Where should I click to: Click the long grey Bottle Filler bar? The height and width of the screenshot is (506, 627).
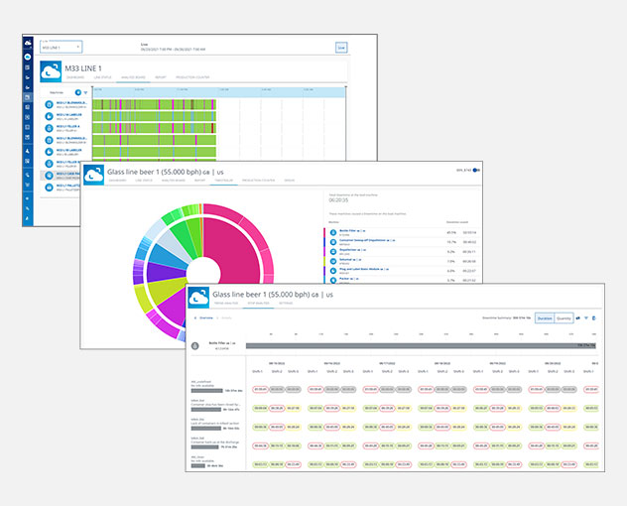[x=417, y=345]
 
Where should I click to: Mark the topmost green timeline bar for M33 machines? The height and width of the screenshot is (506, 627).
[x=154, y=103]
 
